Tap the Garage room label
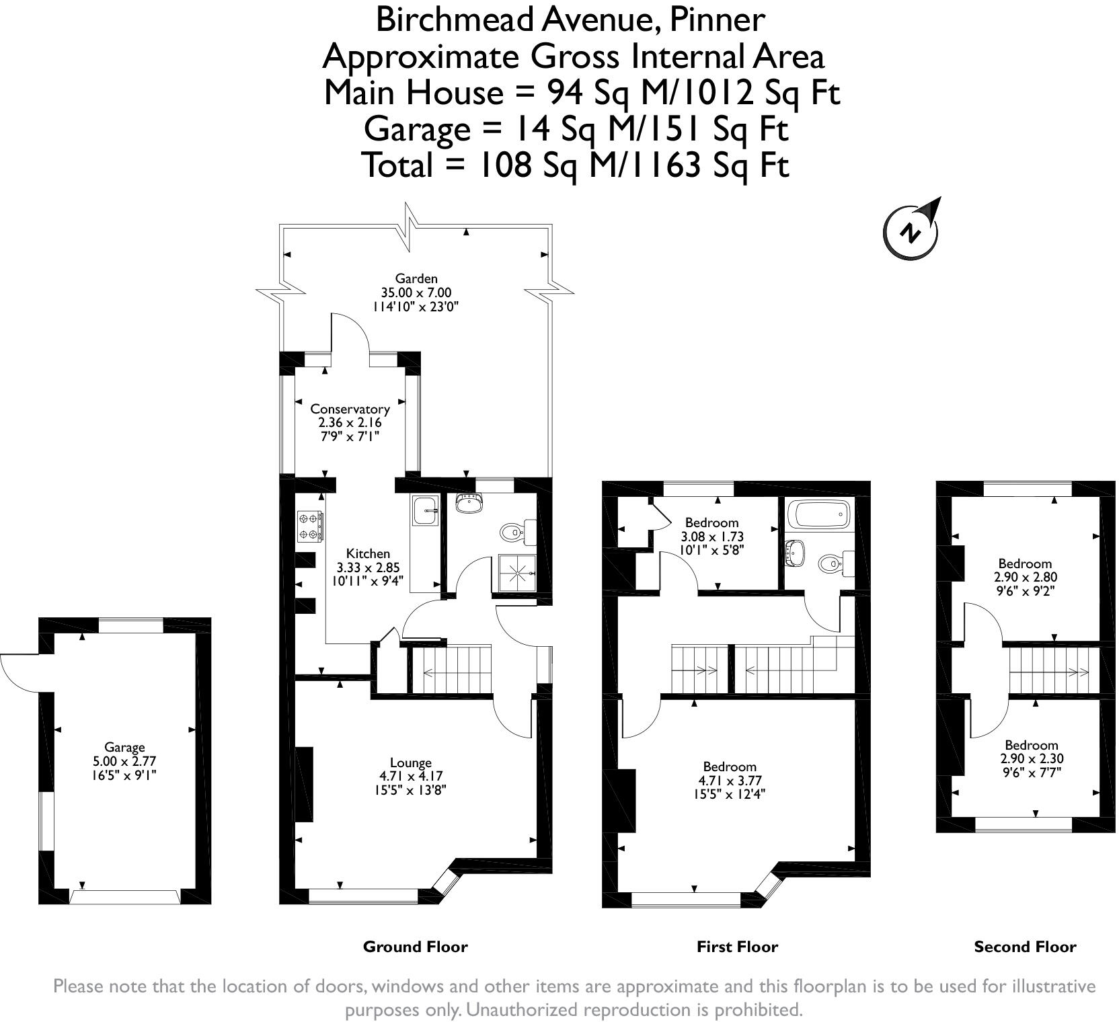(124, 747)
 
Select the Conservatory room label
(350, 409)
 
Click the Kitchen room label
(368, 553)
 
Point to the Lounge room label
(411, 762)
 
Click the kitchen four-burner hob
(310, 526)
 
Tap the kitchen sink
(424, 511)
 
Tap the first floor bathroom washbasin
(796, 553)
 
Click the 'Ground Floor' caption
(415, 947)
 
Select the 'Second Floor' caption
(1025, 947)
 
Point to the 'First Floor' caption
(737, 947)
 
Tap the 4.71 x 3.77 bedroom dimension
(730, 781)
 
